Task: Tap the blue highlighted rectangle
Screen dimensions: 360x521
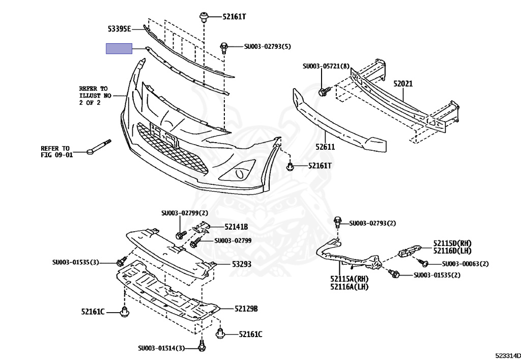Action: click(119, 49)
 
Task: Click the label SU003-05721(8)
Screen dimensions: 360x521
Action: click(326, 66)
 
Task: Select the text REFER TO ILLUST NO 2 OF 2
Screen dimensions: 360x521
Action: click(94, 95)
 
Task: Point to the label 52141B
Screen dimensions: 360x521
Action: click(236, 227)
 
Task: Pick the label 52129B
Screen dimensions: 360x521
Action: click(246, 309)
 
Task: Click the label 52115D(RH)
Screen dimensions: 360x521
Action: click(452, 243)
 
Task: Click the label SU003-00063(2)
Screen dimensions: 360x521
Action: click(465, 264)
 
